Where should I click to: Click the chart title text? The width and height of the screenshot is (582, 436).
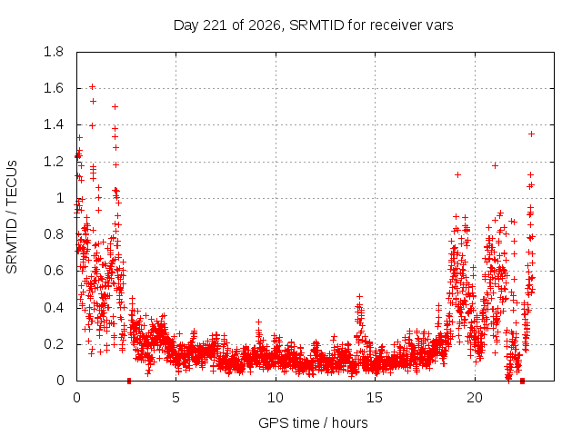pos(313,25)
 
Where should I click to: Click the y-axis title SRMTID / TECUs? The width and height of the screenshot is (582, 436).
pos(12,217)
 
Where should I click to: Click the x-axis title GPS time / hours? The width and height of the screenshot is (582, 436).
pos(313,422)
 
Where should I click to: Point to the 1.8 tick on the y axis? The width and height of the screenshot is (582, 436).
pos(54,52)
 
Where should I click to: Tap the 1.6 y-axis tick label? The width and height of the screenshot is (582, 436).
pos(54,88)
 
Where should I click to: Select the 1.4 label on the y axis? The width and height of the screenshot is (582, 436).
pos(54,125)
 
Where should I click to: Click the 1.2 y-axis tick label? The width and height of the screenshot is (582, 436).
pos(54,162)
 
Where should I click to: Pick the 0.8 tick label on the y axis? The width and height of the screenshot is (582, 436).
pos(54,234)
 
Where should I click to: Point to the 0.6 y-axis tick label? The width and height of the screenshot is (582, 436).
pos(54,271)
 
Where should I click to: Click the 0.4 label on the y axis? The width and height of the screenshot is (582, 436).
pos(54,308)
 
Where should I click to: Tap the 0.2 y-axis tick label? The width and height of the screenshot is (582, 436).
pos(54,344)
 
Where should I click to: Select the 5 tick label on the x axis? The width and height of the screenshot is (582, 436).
pos(176,398)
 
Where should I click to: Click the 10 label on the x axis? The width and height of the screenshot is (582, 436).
pos(276,398)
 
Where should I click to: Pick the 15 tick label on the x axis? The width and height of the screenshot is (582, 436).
pos(375,398)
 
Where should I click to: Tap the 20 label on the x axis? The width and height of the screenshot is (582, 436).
pos(475,398)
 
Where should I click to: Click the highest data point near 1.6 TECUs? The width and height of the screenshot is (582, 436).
pos(93,87)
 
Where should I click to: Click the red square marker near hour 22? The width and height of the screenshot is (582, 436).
pos(522,381)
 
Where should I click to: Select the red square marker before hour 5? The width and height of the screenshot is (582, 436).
pos(129,381)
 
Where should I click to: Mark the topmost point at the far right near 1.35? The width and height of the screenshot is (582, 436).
pos(531,134)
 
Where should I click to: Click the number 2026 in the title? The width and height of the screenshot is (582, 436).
pos(264,25)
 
